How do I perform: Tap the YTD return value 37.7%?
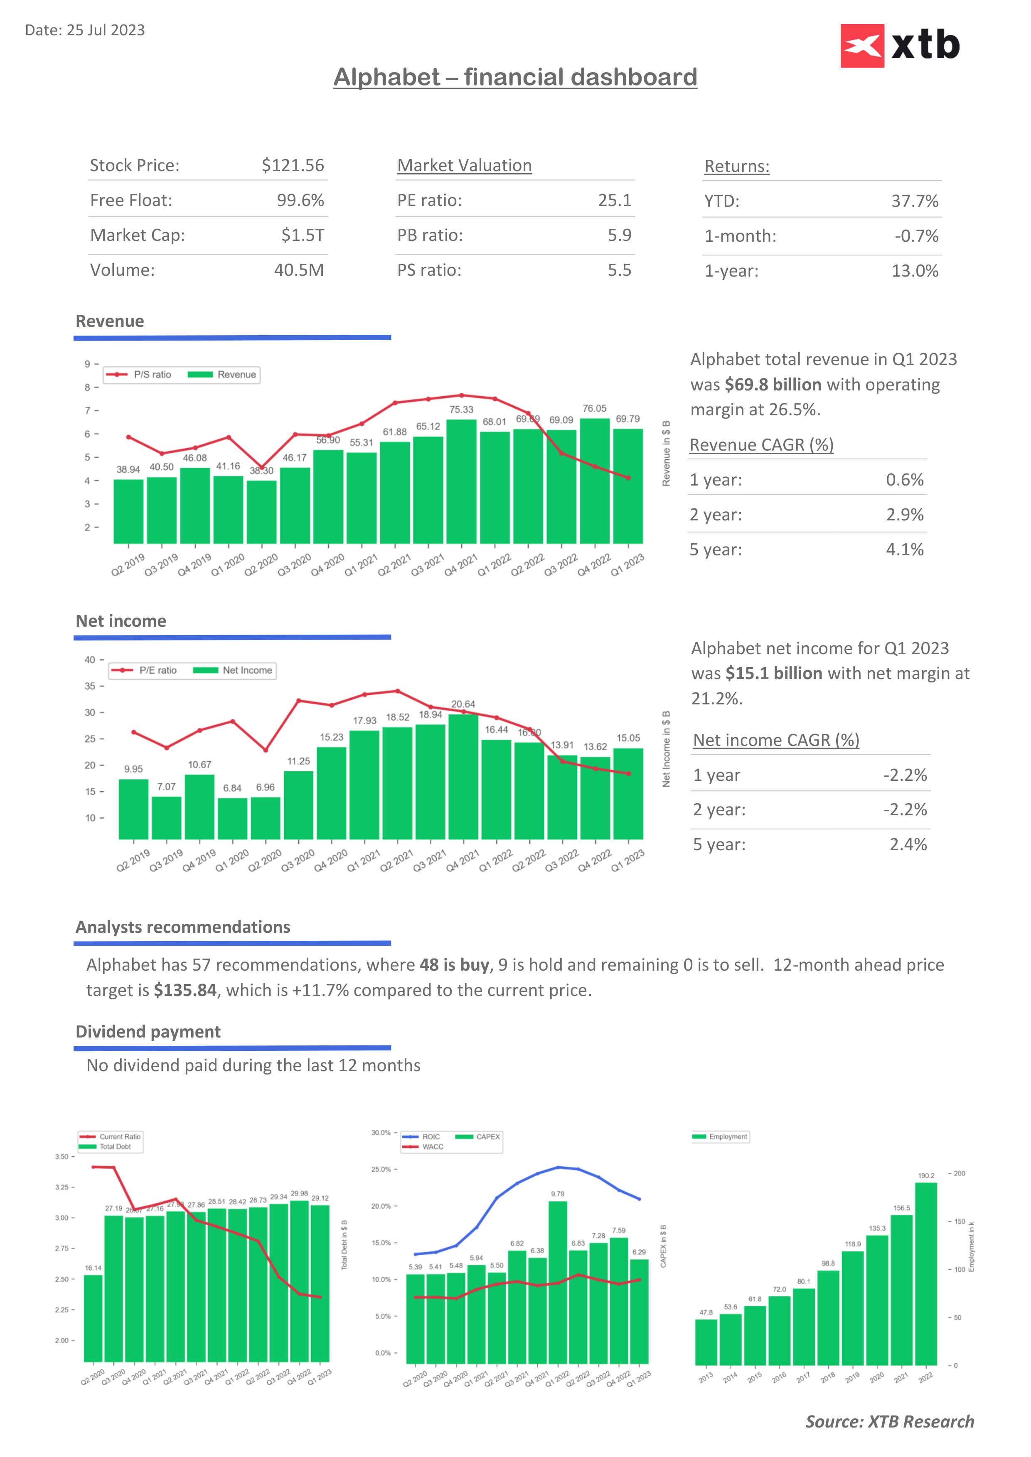pyautogui.click(x=914, y=201)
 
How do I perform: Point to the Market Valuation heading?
pyautogui.click(x=464, y=166)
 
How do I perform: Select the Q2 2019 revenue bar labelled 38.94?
pyautogui.click(x=128, y=511)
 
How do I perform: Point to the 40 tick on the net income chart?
pyautogui.click(x=90, y=660)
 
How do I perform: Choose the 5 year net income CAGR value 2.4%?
pyautogui.click(x=908, y=845)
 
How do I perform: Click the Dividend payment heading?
pyautogui.click(x=148, y=1032)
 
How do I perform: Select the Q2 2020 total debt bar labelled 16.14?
pyautogui.click(x=94, y=1318)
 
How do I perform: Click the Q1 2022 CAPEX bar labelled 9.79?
pyautogui.click(x=557, y=1282)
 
